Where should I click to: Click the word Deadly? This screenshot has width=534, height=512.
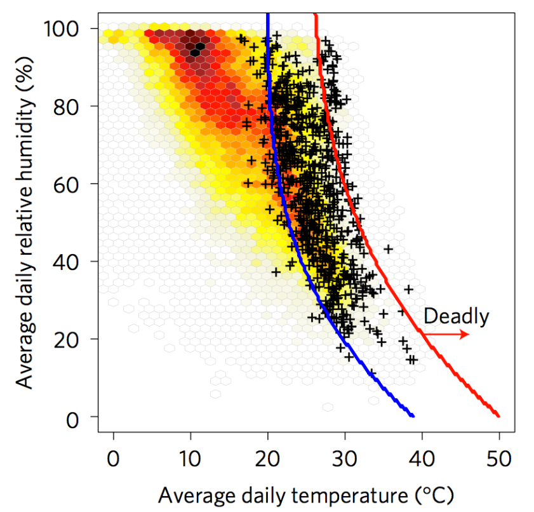[456, 316]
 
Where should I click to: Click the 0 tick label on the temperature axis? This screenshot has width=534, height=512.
[114, 457]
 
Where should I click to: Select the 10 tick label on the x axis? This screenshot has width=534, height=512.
[190, 457]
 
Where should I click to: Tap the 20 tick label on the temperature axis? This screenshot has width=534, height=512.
[267, 457]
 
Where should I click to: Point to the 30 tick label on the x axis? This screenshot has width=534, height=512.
[345, 457]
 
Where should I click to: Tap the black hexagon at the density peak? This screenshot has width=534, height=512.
[199, 46]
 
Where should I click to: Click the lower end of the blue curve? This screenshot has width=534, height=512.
[413, 415]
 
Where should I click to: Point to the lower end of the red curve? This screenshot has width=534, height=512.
[498, 416]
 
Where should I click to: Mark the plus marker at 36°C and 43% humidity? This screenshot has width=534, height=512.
[388, 248]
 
